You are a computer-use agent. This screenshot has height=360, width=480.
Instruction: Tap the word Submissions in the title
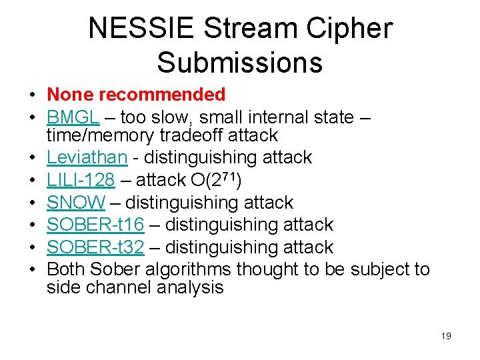pyautogui.click(x=240, y=62)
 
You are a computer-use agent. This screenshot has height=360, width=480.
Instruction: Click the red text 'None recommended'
pyautogui.click(x=136, y=95)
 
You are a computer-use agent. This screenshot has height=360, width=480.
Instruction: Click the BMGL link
pyautogui.click(x=73, y=117)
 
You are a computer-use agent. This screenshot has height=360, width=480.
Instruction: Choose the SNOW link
pyautogui.click(x=76, y=203)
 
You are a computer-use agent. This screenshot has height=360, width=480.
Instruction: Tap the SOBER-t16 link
pyautogui.click(x=95, y=225)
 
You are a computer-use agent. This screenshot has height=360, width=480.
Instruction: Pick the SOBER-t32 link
pyautogui.click(x=95, y=247)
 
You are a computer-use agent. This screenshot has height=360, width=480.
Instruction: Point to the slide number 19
pyautogui.click(x=446, y=336)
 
